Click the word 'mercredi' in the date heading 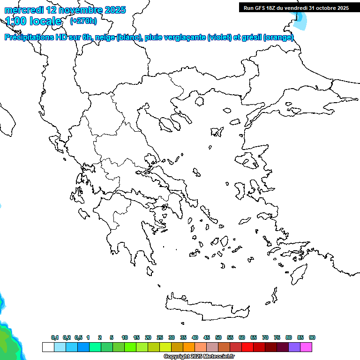(x=23, y=10)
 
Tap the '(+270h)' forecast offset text (x=83, y=21)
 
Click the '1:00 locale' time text (x=33, y=21)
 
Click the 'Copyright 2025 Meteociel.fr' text (x=199, y=357)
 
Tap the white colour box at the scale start (x=48, y=347)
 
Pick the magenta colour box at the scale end (x=307, y=347)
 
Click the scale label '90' (x=312, y=337)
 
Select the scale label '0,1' (x=55, y=337)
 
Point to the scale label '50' (x=218, y=337)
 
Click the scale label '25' (x=160, y=337)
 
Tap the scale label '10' (x=125, y=337)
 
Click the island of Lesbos (x=248, y=160)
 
